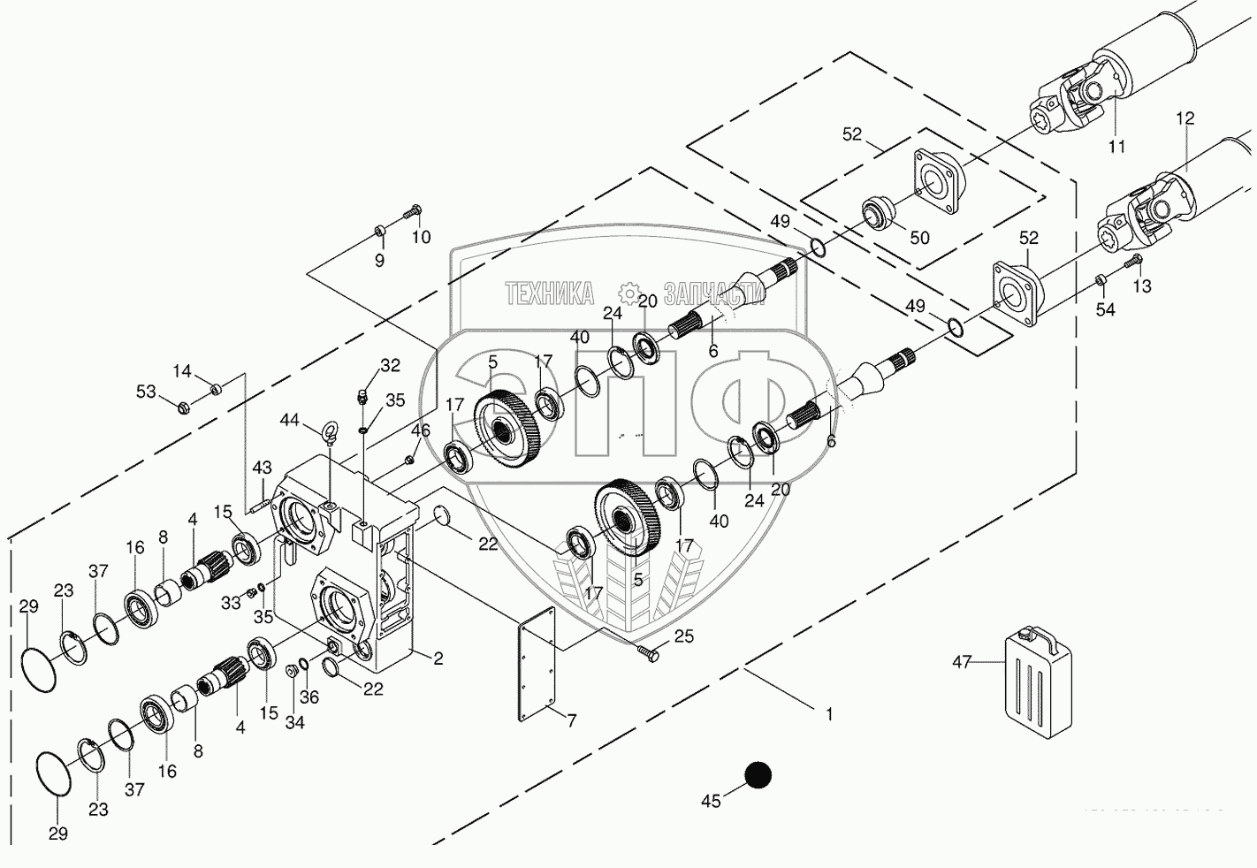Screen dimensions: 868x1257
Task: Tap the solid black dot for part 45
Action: [758, 775]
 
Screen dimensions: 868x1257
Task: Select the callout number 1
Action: [829, 714]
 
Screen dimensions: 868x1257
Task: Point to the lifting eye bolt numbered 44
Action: [330, 432]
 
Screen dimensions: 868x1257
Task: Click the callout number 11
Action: [1117, 146]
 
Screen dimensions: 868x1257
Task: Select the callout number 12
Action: [1185, 118]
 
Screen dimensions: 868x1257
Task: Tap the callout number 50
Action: [919, 239]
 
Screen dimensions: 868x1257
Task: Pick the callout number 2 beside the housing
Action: [438, 658]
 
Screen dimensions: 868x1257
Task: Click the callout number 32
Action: [390, 364]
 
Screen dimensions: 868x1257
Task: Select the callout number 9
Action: [379, 261]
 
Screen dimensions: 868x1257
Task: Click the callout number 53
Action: [146, 392]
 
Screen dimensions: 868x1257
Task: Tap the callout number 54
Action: [1105, 309]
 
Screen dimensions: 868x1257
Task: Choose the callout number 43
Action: [262, 467]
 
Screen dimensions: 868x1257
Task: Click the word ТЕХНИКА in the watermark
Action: [549, 294]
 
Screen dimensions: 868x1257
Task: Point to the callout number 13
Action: [1142, 286]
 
